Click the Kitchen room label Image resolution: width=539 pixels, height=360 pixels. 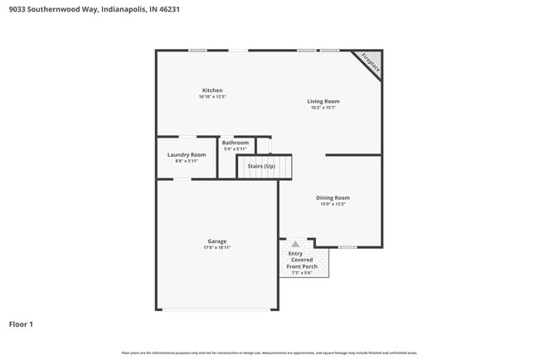click(x=212, y=90)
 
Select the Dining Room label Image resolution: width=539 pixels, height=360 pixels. click(x=333, y=197)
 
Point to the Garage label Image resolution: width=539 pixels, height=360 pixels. click(x=217, y=241)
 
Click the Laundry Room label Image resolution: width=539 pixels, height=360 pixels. click(x=187, y=155)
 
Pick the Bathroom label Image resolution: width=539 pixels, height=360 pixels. click(x=236, y=143)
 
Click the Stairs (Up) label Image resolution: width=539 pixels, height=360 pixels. click(x=261, y=166)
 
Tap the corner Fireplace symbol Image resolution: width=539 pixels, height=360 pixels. click(x=368, y=65)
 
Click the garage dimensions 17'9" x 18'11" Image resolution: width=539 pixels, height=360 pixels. click(x=217, y=248)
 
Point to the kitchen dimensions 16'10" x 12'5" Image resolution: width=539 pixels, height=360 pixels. click(x=212, y=97)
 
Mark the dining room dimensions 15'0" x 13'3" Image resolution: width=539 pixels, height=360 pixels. click(x=333, y=204)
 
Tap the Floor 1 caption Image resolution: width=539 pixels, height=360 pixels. click(x=21, y=324)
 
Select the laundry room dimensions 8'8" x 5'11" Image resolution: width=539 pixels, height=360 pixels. click(x=187, y=161)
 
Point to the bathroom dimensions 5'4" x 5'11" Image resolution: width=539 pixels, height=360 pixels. click(x=236, y=149)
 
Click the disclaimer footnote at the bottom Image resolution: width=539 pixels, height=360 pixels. click(x=269, y=353)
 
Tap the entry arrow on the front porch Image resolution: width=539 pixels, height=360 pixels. click(x=295, y=245)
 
